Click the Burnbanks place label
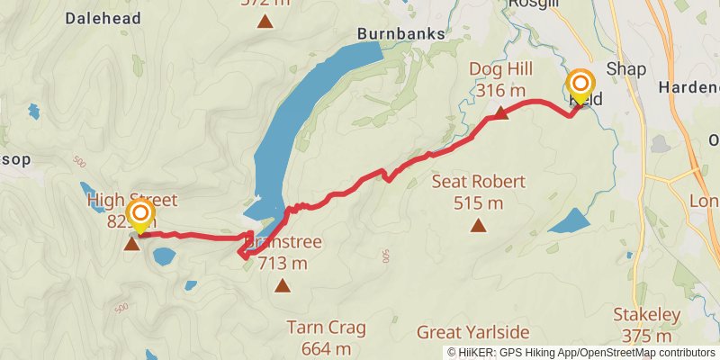pyautogui.click(x=400, y=33)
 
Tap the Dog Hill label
pyautogui.click(x=501, y=69)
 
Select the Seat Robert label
pyautogui.click(x=478, y=182)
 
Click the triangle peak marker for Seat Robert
pyautogui.click(x=477, y=226)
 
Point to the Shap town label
pyautogui.click(x=626, y=69)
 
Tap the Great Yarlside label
pyautogui.click(x=472, y=332)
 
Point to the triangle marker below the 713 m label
pyautogui.click(x=283, y=286)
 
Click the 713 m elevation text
pyautogui.click(x=283, y=264)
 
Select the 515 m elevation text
pyautogui.click(x=478, y=203)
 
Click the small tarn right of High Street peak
pyautogui.click(x=164, y=256)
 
